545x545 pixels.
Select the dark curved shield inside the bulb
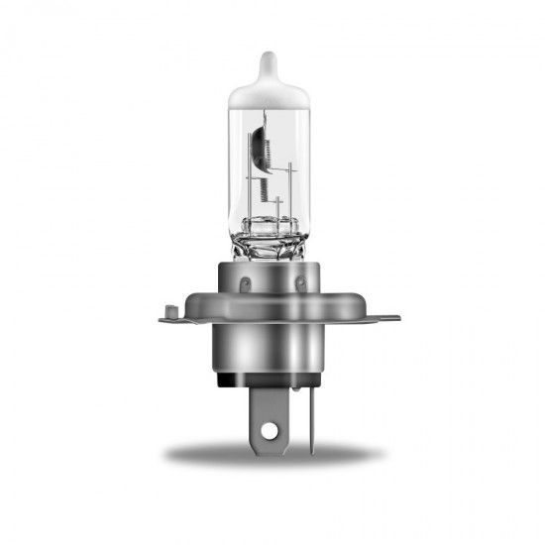tap(260, 139)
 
